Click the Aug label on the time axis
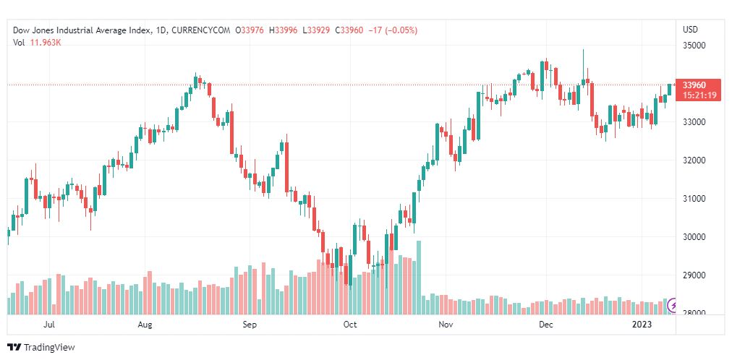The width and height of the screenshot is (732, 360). point(145,325)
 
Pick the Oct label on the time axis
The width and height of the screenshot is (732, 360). point(350,325)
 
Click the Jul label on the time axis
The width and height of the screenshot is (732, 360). point(49,325)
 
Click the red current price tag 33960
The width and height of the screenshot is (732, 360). point(694,85)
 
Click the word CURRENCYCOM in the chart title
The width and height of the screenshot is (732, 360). point(197,30)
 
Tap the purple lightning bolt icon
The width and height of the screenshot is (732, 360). point(673,305)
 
